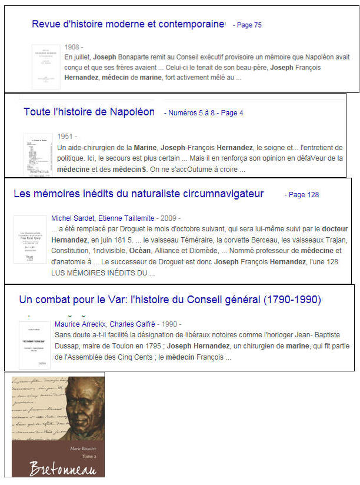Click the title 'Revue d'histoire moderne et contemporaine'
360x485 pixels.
(128, 24)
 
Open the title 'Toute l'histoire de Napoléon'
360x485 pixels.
(89, 112)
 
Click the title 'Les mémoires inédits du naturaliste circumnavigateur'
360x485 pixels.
(138, 194)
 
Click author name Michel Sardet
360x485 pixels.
(72, 218)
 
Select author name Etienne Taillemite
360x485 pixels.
(125, 218)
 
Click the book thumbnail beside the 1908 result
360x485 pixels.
(46, 67)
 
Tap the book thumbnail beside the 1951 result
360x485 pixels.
(38, 155)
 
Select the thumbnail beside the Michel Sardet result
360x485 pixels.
(30, 239)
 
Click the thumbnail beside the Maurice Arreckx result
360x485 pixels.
(34, 345)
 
